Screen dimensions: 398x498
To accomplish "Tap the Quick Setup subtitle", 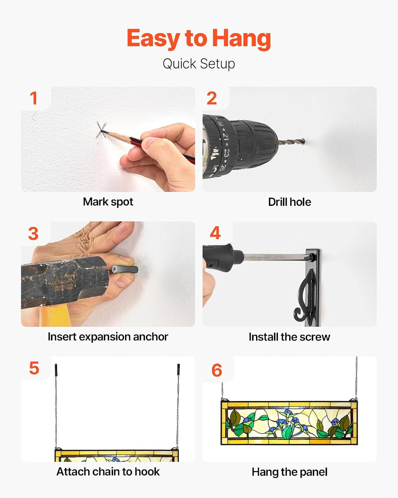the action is click(x=199, y=64).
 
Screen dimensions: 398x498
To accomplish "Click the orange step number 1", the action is click(x=34, y=98).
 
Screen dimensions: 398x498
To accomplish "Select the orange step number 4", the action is click(x=215, y=233).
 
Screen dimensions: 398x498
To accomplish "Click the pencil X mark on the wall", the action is click(x=101, y=130).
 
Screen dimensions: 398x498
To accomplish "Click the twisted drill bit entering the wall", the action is click(x=292, y=141).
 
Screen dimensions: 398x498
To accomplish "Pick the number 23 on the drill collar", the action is click(x=225, y=152).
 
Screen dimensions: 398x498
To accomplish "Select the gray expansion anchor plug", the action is click(x=125, y=269).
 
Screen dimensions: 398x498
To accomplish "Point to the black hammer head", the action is click(x=65, y=282).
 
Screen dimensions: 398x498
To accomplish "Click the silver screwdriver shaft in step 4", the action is click(x=276, y=257).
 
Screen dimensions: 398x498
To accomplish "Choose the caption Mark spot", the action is click(x=108, y=202).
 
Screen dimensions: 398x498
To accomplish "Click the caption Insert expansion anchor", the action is click(x=108, y=337).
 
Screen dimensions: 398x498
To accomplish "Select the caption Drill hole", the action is click(x=290, y=202).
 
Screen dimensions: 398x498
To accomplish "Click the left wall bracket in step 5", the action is click(x=56, y=370).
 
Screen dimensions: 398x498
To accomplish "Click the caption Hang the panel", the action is click(x=290, y=472).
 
